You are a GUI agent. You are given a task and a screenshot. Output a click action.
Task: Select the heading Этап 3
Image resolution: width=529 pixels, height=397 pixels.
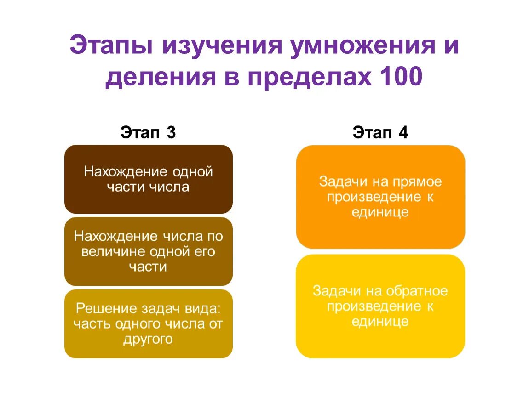click(148, 133)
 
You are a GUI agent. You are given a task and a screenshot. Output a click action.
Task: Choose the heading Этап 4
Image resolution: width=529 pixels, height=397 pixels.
click(380, 133)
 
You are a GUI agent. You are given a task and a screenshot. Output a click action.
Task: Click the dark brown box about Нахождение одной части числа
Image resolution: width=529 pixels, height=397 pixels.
click(148, 179)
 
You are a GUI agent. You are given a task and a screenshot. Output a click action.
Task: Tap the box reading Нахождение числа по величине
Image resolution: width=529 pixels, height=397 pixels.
click(148, 251)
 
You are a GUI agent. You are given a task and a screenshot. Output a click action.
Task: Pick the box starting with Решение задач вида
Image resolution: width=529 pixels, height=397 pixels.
click(148, 323)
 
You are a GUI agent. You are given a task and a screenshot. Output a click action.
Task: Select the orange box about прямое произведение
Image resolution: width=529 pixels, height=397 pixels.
click(380, 197)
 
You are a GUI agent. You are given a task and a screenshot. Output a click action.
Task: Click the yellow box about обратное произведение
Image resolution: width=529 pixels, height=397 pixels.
click(380, 306)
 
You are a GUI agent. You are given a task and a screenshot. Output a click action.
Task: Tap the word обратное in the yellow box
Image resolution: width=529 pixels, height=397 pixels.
click(417, 291)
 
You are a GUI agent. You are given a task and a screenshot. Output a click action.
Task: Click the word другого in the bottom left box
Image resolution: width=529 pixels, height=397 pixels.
click(148, 339)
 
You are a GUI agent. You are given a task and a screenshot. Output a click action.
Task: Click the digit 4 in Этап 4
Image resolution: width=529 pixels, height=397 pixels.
click(403, 133)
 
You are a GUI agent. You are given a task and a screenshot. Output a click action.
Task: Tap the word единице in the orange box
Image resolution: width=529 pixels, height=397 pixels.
click(380, 212)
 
